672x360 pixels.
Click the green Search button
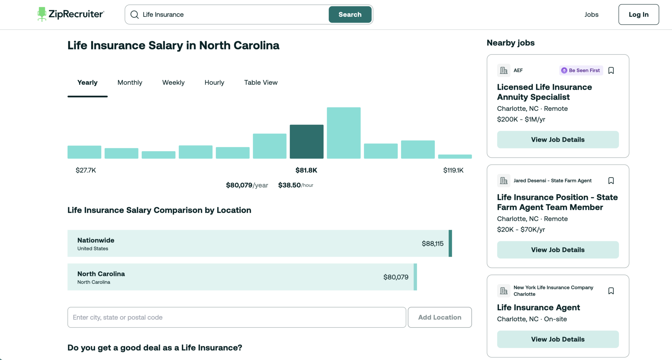(350, 14)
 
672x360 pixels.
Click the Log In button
(639, 14)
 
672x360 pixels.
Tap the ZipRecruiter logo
(71, 14)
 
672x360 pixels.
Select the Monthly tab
(130, 82)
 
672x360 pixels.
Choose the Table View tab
(261, 82)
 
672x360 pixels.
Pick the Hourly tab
(214, 82)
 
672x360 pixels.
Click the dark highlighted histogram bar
(306, 141)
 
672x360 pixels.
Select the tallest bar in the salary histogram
(344, 133)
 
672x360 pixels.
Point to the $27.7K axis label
(86, 170)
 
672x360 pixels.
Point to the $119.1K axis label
(453, 170)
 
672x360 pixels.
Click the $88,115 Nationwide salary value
(432, 244)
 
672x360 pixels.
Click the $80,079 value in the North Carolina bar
(396, 277)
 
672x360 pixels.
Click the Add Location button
(440, 317)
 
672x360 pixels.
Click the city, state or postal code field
(237, 317)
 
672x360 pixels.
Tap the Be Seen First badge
(581, 70)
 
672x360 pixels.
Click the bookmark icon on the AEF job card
(611, 71)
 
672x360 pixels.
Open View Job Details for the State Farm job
(558, 250)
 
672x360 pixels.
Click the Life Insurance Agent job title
(538, 307)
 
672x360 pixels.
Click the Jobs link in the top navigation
(591, 14)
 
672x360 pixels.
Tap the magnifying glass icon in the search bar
(135, 14)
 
